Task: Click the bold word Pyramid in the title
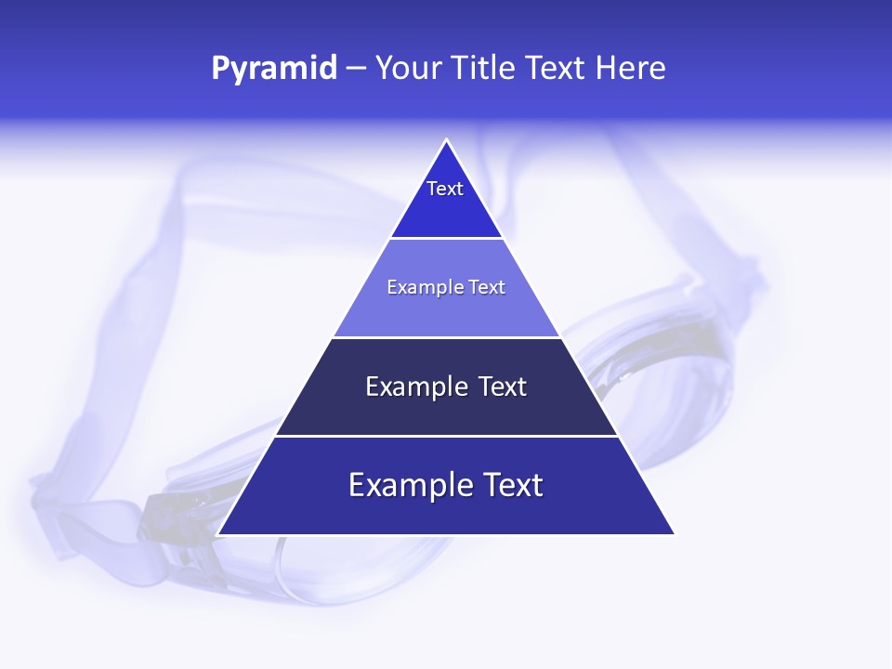[x=274, y=69]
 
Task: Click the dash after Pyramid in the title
[x=356, y=69]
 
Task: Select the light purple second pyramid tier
[x=446, y=307]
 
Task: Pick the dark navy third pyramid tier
[x=446, y=409]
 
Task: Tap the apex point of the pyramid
[x=447, y=141]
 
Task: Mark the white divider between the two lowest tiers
[x=446, y=436]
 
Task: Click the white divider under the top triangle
[x=446, y=239]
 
